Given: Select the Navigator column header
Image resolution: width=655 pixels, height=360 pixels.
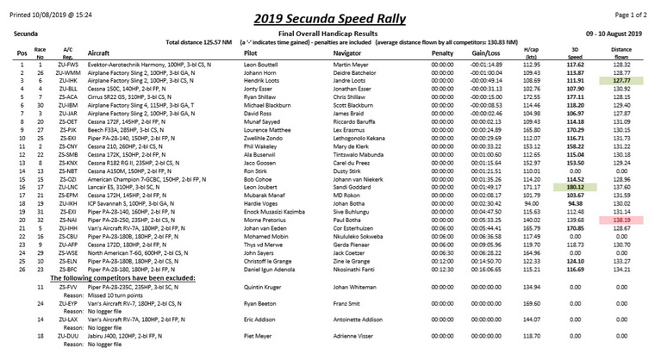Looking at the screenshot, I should (347, 53).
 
